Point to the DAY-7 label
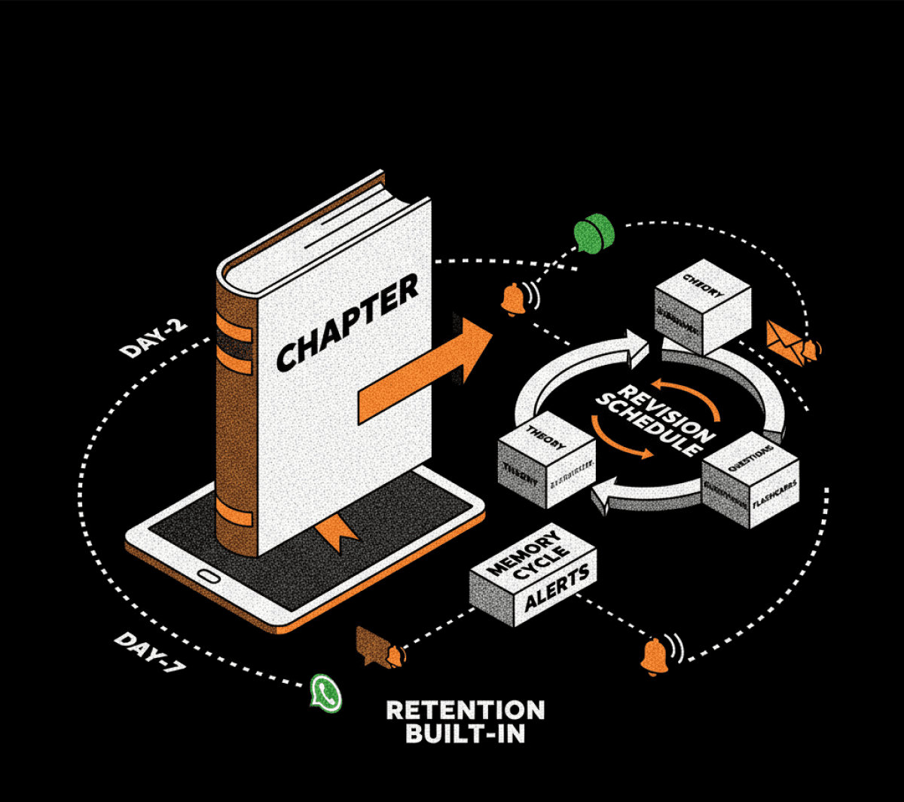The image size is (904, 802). click(149, 654)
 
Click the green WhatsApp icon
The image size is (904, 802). click(325, 691)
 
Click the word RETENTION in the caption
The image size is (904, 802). click(465, 710)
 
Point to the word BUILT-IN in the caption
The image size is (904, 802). click(465, 733)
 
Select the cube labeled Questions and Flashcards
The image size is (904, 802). click(750, 483)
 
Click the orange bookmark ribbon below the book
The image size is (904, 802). click(336, 534)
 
